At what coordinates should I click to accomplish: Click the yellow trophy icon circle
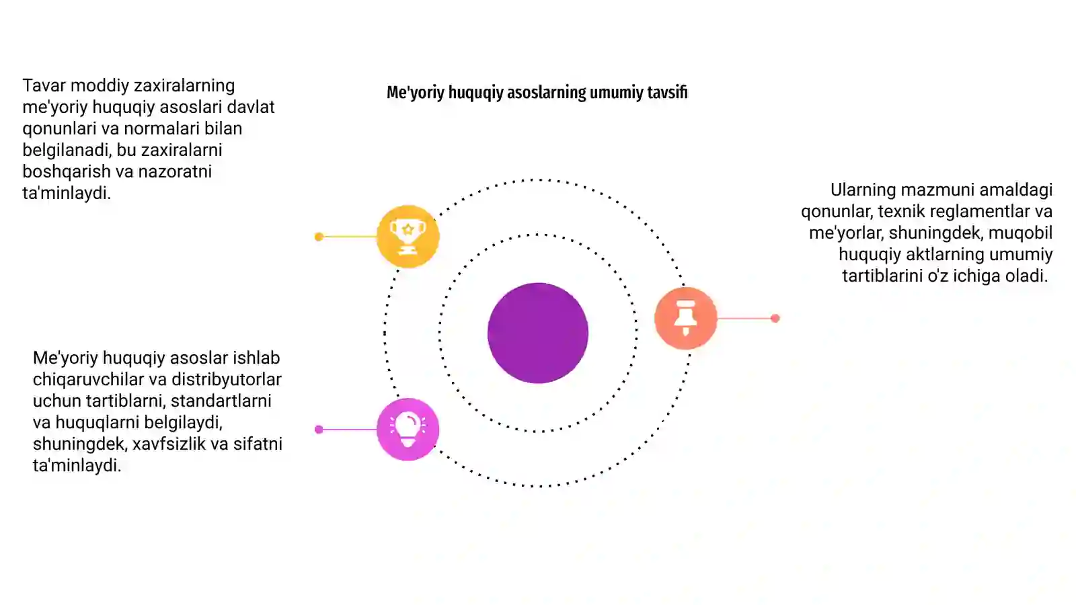(x=408, y=236)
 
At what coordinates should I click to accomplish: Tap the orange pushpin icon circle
(x=685, y=318)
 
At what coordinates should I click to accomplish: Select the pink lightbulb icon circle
(x=408, y=430)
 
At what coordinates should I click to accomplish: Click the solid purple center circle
(x=538, y=333)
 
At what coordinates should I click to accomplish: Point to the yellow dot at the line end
(x=319, y=237)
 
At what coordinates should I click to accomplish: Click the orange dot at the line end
(x=775, y=318)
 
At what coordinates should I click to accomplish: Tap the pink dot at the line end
(x=319, y=430)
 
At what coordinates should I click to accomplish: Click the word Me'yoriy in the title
(x=416, y=92)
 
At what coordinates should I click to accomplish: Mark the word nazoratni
(x=175, y=171)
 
